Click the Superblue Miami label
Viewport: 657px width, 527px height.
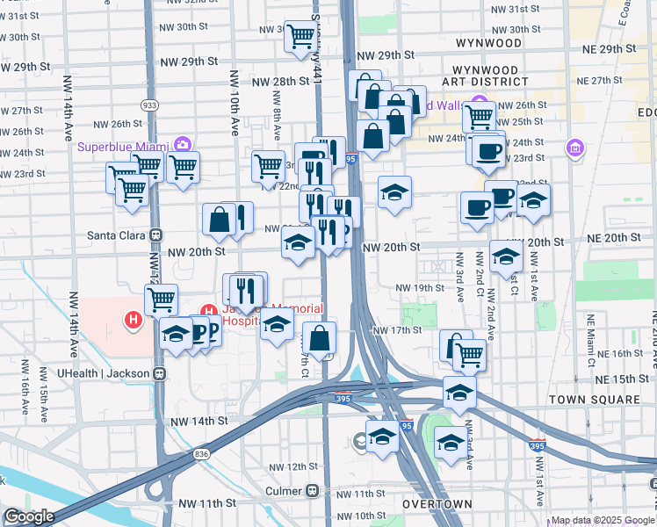(124, 146)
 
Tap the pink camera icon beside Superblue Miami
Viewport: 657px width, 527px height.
(183, 144)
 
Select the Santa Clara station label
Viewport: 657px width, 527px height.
(118, 235)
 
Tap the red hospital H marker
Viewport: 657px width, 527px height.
(134, 321)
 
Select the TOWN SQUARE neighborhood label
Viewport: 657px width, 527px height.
(595, 399)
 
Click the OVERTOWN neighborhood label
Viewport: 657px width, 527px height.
(437, 505)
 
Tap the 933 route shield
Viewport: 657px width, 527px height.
(149, 105)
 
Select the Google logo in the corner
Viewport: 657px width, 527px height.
(28, 516)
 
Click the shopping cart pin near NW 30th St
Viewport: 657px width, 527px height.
(300, 36)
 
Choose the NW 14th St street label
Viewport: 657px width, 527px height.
(199, 421)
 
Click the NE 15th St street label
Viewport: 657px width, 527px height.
(614, 379)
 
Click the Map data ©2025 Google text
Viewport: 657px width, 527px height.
(603, 521)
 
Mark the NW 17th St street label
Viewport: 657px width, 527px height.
(397, 330)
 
